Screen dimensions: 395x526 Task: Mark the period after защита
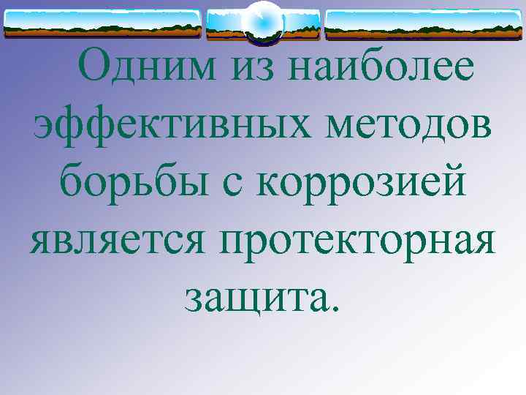335,306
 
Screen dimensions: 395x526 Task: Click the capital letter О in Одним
96,67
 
